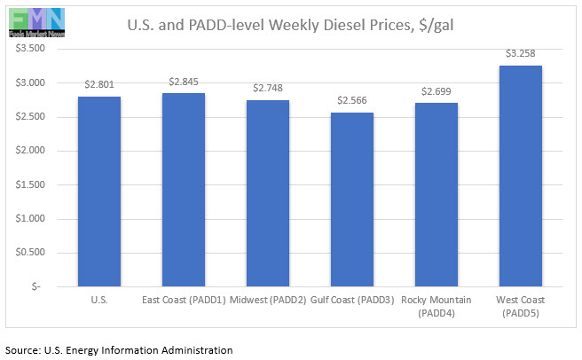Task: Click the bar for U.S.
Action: click(99, 192)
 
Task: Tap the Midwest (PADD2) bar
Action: click(268, 193)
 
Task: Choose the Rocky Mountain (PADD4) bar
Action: click(436, 195)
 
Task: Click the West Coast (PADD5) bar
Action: click(521, 176)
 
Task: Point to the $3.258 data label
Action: click(521, 53)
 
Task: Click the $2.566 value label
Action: click(352, 100)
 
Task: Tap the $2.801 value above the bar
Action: click(99, 84)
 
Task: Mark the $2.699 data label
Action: click(436, 91)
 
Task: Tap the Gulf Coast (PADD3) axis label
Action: click(352, 301)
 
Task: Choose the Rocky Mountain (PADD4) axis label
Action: click(436, 306)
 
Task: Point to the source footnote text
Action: click(119, 350)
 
